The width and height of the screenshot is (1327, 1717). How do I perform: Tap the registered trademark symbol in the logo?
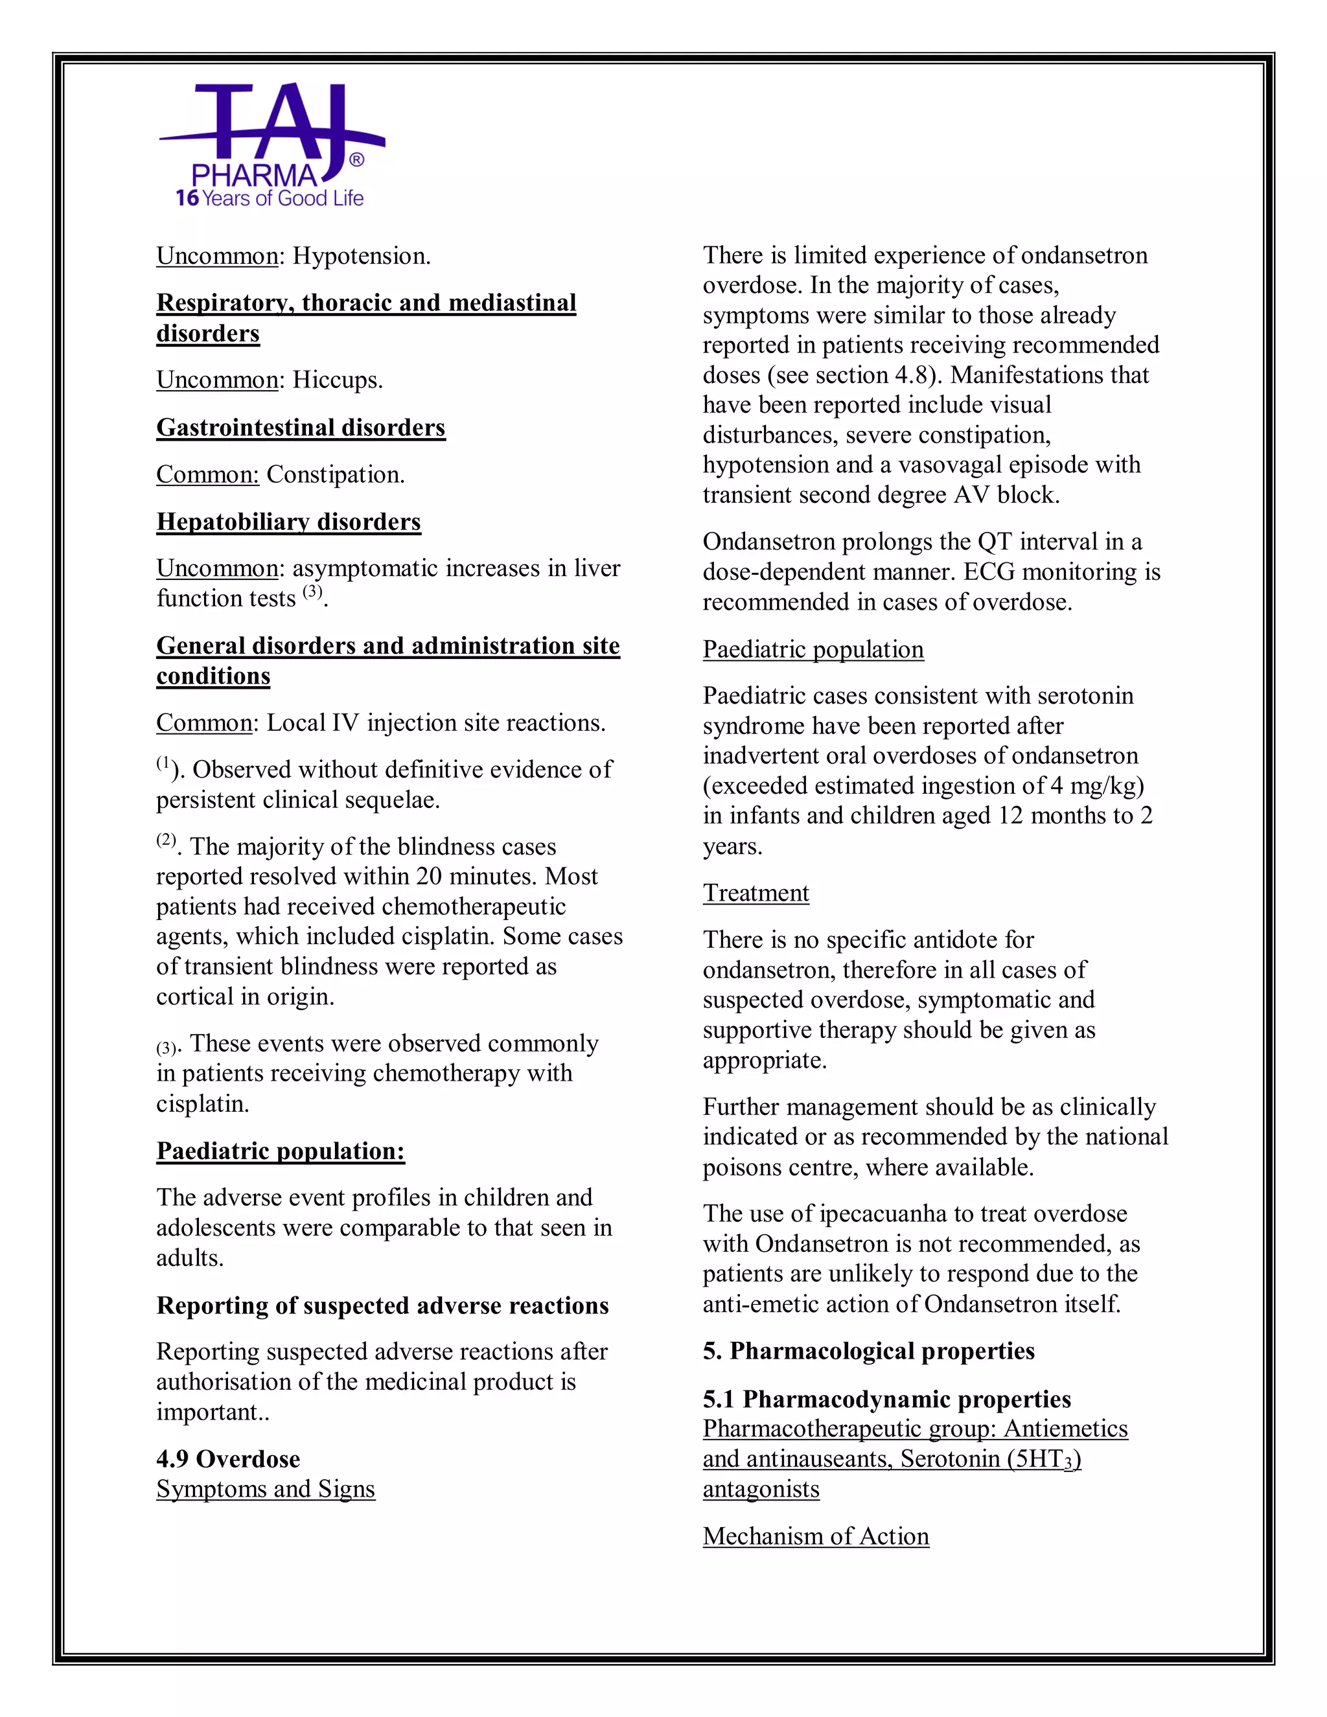point(356,161)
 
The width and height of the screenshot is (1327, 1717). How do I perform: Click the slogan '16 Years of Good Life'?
point(270,198)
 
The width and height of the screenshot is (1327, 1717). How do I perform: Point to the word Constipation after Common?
point(335,475)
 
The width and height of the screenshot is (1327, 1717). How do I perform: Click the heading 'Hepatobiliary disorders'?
point(288,522)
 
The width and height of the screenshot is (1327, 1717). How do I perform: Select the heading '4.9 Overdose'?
point(228,1459)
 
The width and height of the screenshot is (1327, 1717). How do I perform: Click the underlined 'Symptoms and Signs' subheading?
point(266,1489)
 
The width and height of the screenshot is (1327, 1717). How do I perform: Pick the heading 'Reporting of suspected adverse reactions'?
point(382,1306)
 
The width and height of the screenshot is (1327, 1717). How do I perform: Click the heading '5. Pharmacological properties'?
point(869,1352)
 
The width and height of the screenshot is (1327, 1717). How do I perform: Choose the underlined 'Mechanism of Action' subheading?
point(816,1536)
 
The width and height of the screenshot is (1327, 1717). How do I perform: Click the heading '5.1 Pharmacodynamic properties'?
point(887,1400)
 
